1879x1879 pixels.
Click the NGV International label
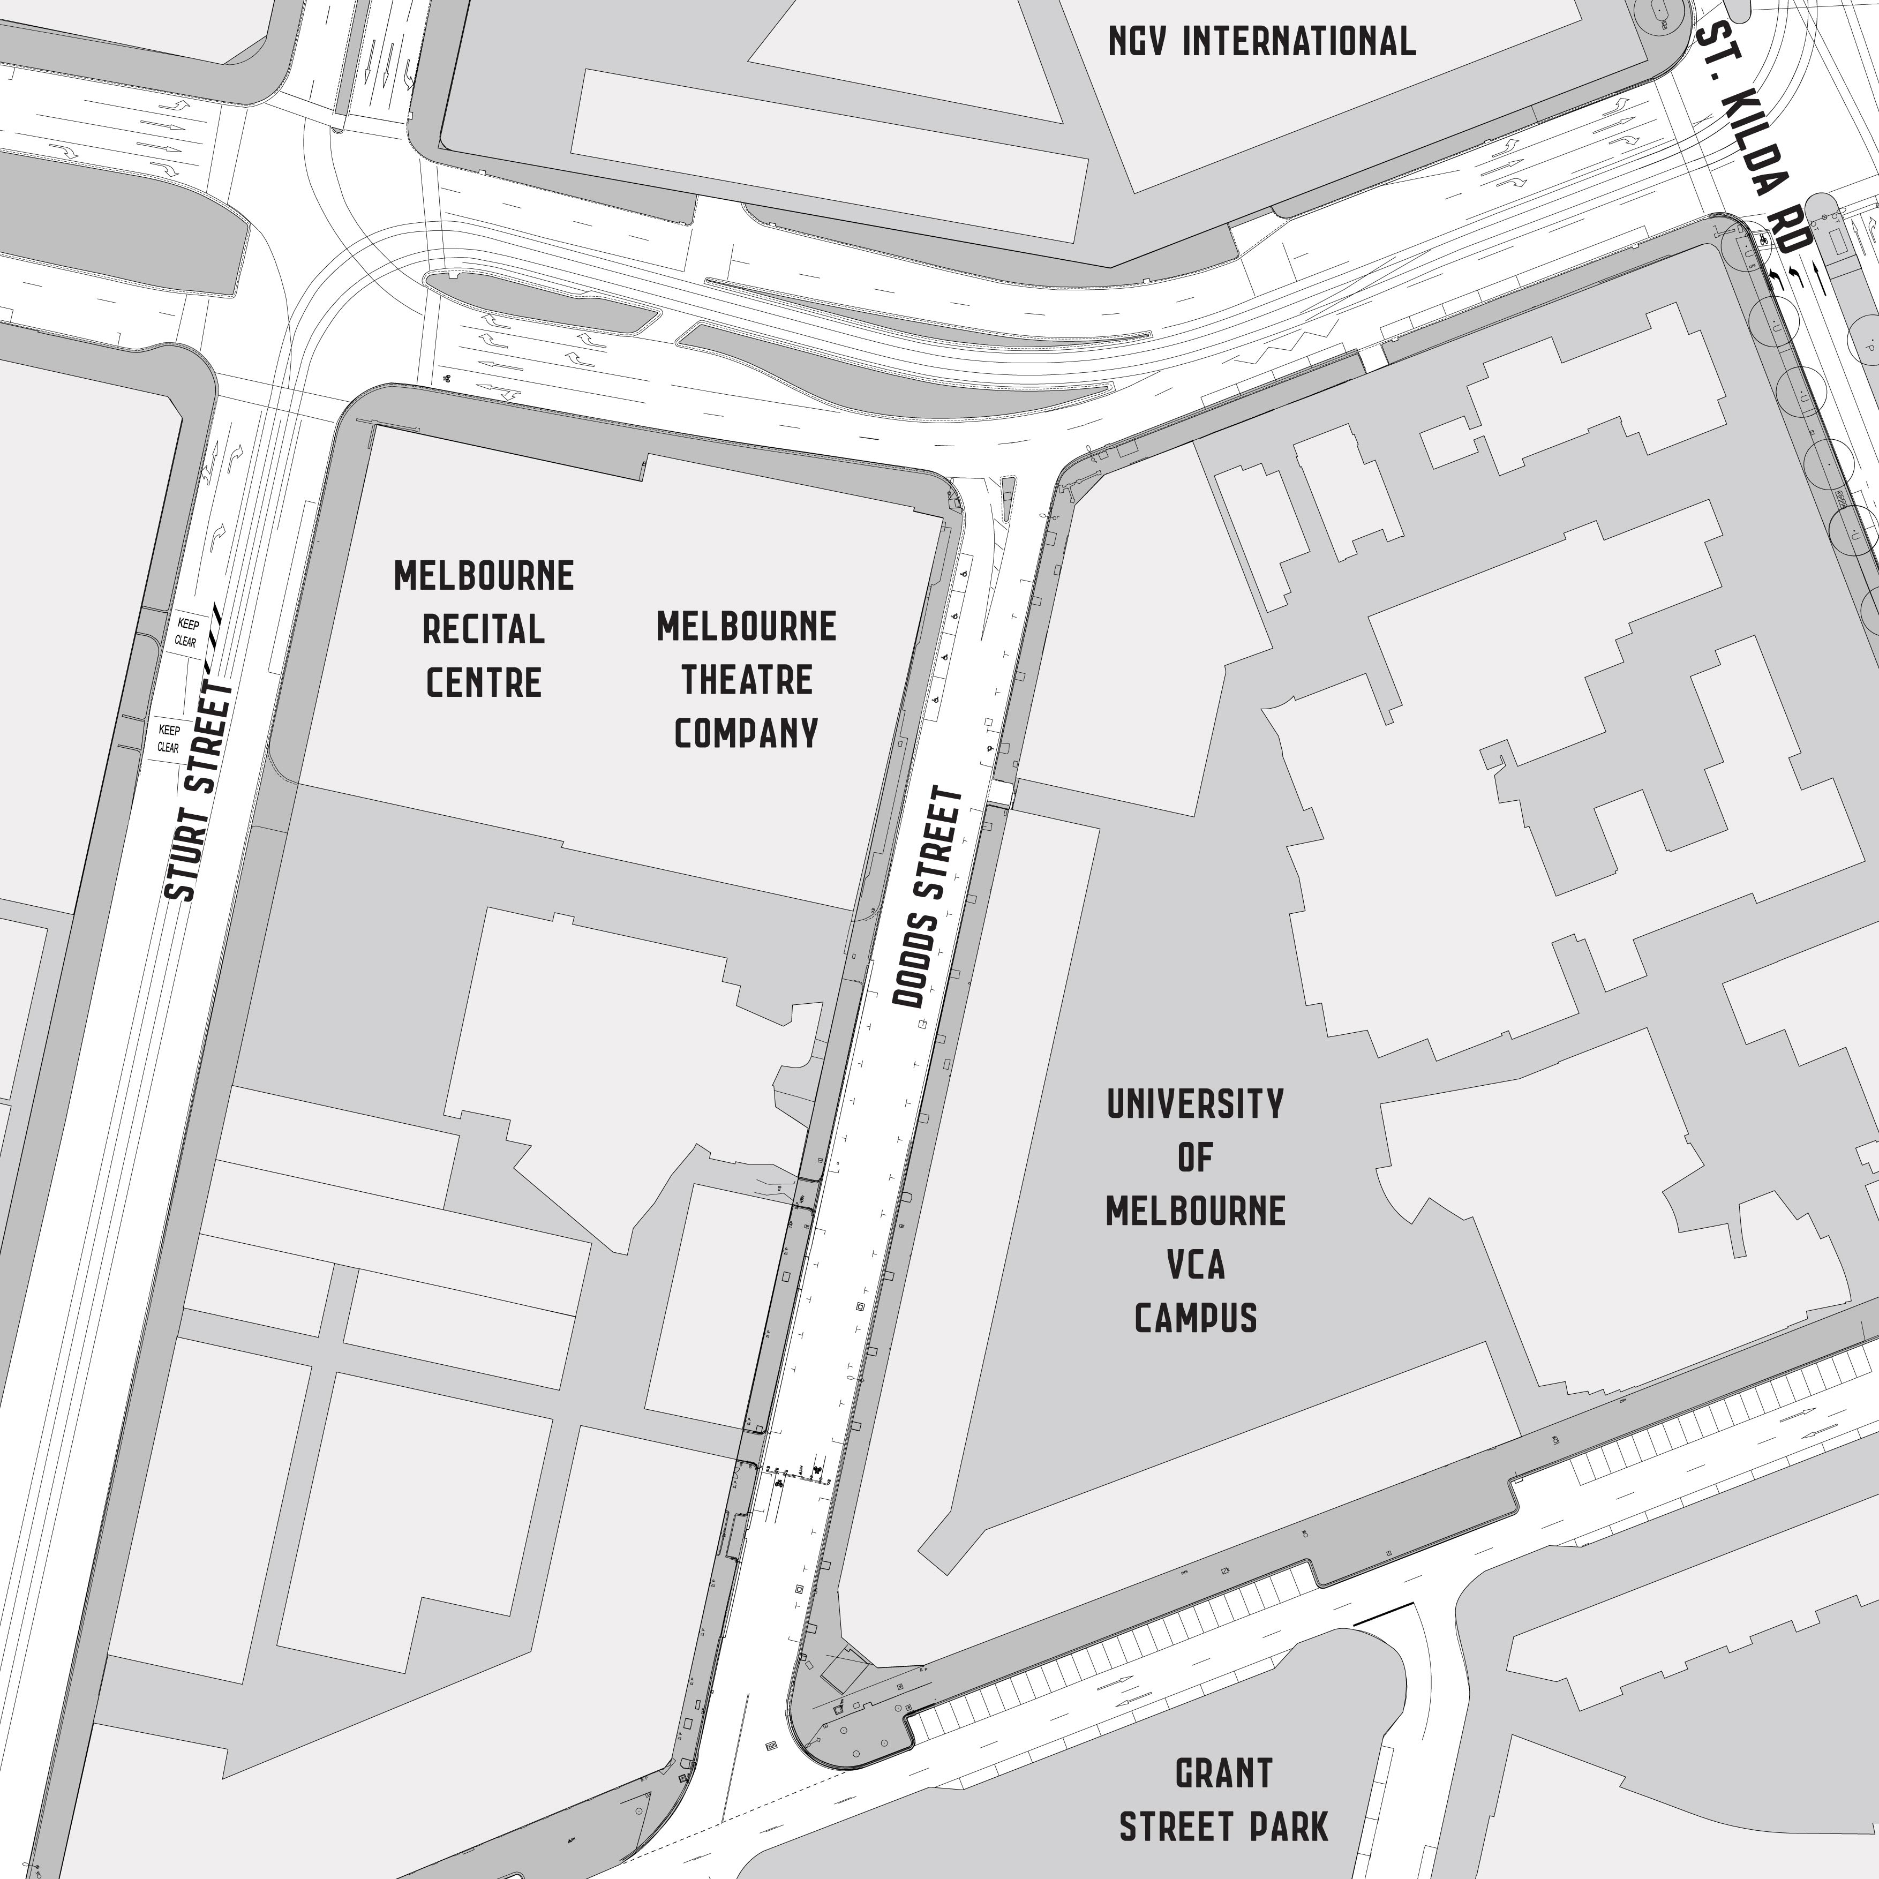pyautogui.click(x=1261, y=41)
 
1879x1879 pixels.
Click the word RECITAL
pyautogui.click(x=483, y=629)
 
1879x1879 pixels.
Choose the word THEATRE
pyautogui.click(x=746, y=680)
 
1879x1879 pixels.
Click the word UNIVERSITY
pyautogui.click(x=1196, y=1104)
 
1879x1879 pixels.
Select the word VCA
pyautogui.click(x=1196, y=1264)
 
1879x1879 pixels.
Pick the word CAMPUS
pyautogui.click(x=1196, y=1318)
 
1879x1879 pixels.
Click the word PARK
pyautogui.click(x=1290, y=1827)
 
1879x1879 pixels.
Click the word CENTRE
pyautogui.click(x=483, y=683)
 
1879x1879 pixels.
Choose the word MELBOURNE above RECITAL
pyautogui.click(x=483, y=576)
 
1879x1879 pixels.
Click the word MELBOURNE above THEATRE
pyautogui.click(x=746, y=626)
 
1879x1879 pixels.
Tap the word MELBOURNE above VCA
pyautogui.click(x=1196, y=1211)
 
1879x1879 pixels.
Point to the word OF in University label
pyautogui.click(x=1196, y=1158)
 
